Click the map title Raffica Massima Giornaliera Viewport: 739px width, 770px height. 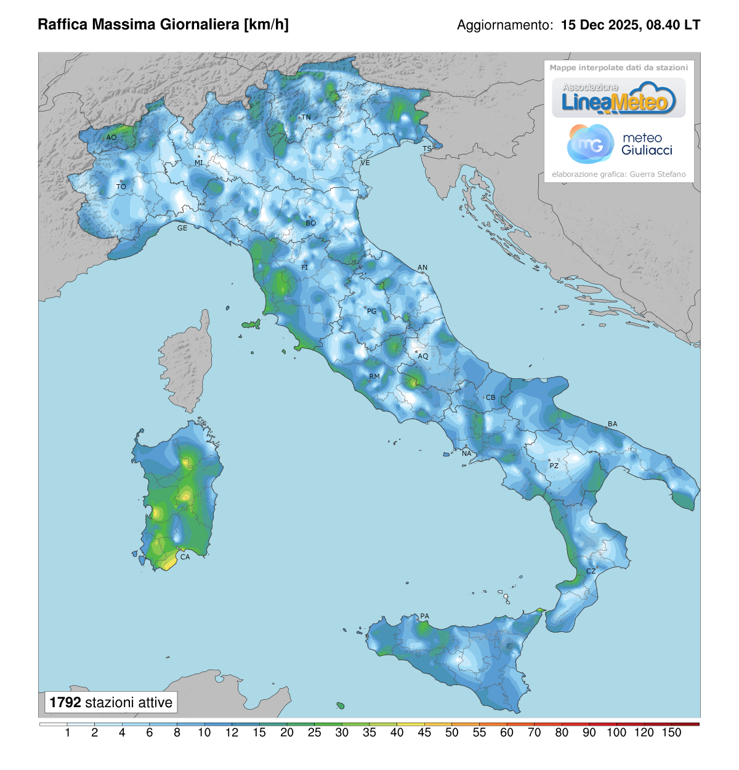[163, 25]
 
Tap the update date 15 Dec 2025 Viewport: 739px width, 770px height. [600, 25]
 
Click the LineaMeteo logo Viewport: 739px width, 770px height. [618, 99]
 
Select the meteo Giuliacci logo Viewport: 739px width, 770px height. [619, 144]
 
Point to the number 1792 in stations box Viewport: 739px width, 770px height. [65, 702]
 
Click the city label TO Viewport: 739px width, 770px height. [121, 187]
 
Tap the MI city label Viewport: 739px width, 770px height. [199, 163]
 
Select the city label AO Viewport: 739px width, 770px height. [111, 137]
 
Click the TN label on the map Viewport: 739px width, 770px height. [306, 117]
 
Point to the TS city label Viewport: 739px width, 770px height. [427, 149]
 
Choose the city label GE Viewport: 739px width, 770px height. [182, 228]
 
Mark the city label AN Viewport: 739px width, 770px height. [422, 268]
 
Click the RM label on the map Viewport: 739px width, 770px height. [374, 376]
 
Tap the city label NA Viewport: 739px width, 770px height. [467, 454]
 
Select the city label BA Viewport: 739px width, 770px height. [612, 424]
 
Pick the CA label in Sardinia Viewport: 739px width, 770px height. [185, 557]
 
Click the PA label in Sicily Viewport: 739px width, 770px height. [424, 617]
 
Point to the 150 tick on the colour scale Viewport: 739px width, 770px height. [671, 732]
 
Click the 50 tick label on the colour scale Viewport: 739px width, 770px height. [452, 732]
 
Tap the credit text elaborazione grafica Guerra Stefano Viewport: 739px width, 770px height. [618, 174]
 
